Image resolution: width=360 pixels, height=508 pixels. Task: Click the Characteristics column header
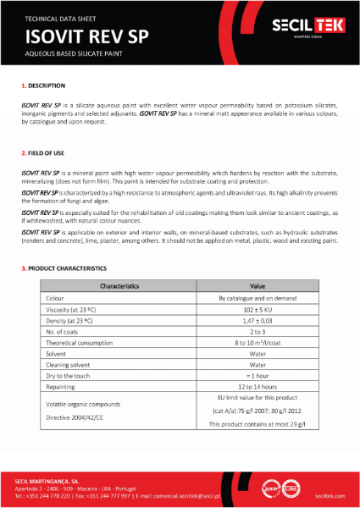[x=119, y=286]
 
